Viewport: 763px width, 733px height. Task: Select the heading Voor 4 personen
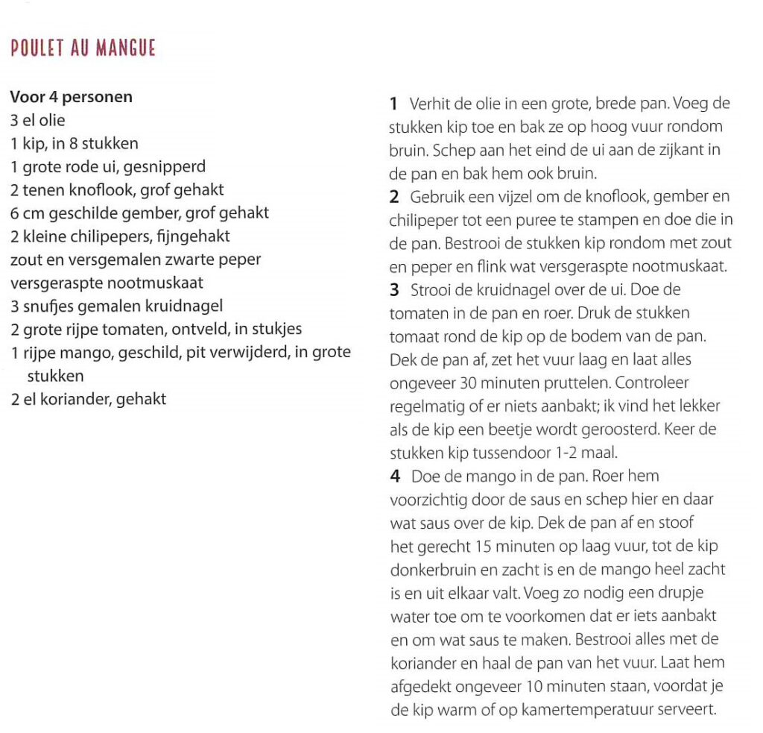72,97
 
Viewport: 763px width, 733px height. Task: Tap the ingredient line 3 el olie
38,120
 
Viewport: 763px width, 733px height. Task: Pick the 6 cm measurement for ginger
26,213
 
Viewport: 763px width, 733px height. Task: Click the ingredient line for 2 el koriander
88,399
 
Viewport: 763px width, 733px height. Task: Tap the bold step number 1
393,104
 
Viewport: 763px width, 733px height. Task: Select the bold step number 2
393,197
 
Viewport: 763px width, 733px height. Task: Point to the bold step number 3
393,290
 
